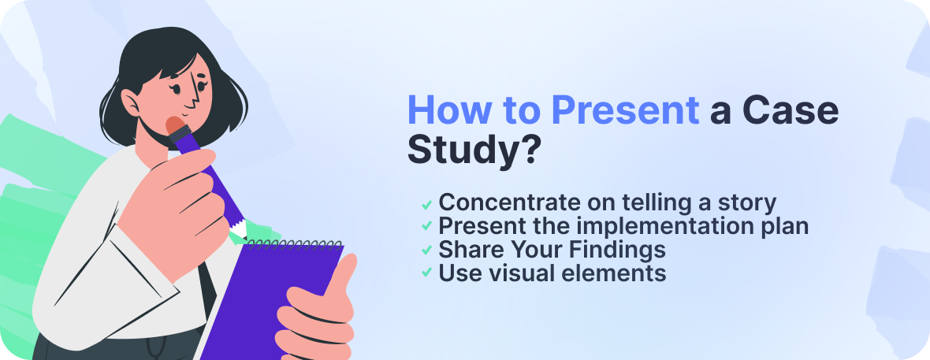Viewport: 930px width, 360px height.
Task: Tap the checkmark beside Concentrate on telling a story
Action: [426, 204]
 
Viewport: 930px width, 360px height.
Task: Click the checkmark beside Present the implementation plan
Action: [426, 227]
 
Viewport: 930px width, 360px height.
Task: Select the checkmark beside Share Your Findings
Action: [426, 251]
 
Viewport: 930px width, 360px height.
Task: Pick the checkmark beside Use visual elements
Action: [426, 273]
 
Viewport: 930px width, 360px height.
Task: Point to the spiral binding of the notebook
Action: [292, 243]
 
